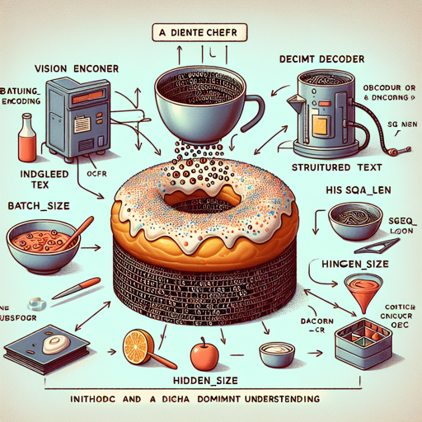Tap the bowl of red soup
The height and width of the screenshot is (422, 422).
click(x=40, y=241)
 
